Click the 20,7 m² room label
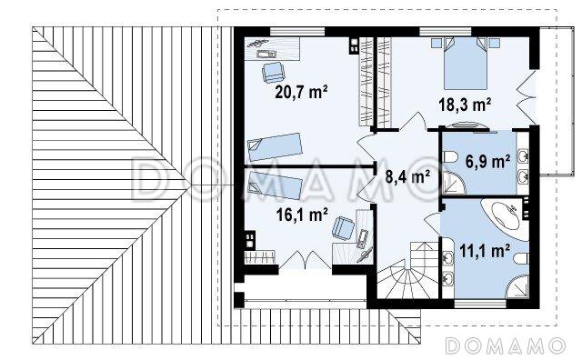(x=301, y=93)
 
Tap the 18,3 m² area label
(x=465, y=105)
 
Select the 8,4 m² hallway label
(x=407, y=176)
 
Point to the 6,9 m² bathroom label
(x=487, y=162)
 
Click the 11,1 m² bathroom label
(x=485, y=251)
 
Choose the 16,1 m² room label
(x=302, y=215)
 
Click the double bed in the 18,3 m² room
(x=466, y=63)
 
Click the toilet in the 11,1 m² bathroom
(x=522, y=259)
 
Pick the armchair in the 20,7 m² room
(x=273, y=72)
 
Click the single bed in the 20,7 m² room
(x=275, y=146)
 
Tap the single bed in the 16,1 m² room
(x=275, y=185)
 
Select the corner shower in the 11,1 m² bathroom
(x=517, y=286)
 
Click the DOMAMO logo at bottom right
(x=505, y=345)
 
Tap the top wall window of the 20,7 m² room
(x=297, y=32)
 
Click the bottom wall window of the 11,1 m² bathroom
(x=480, y=304)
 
